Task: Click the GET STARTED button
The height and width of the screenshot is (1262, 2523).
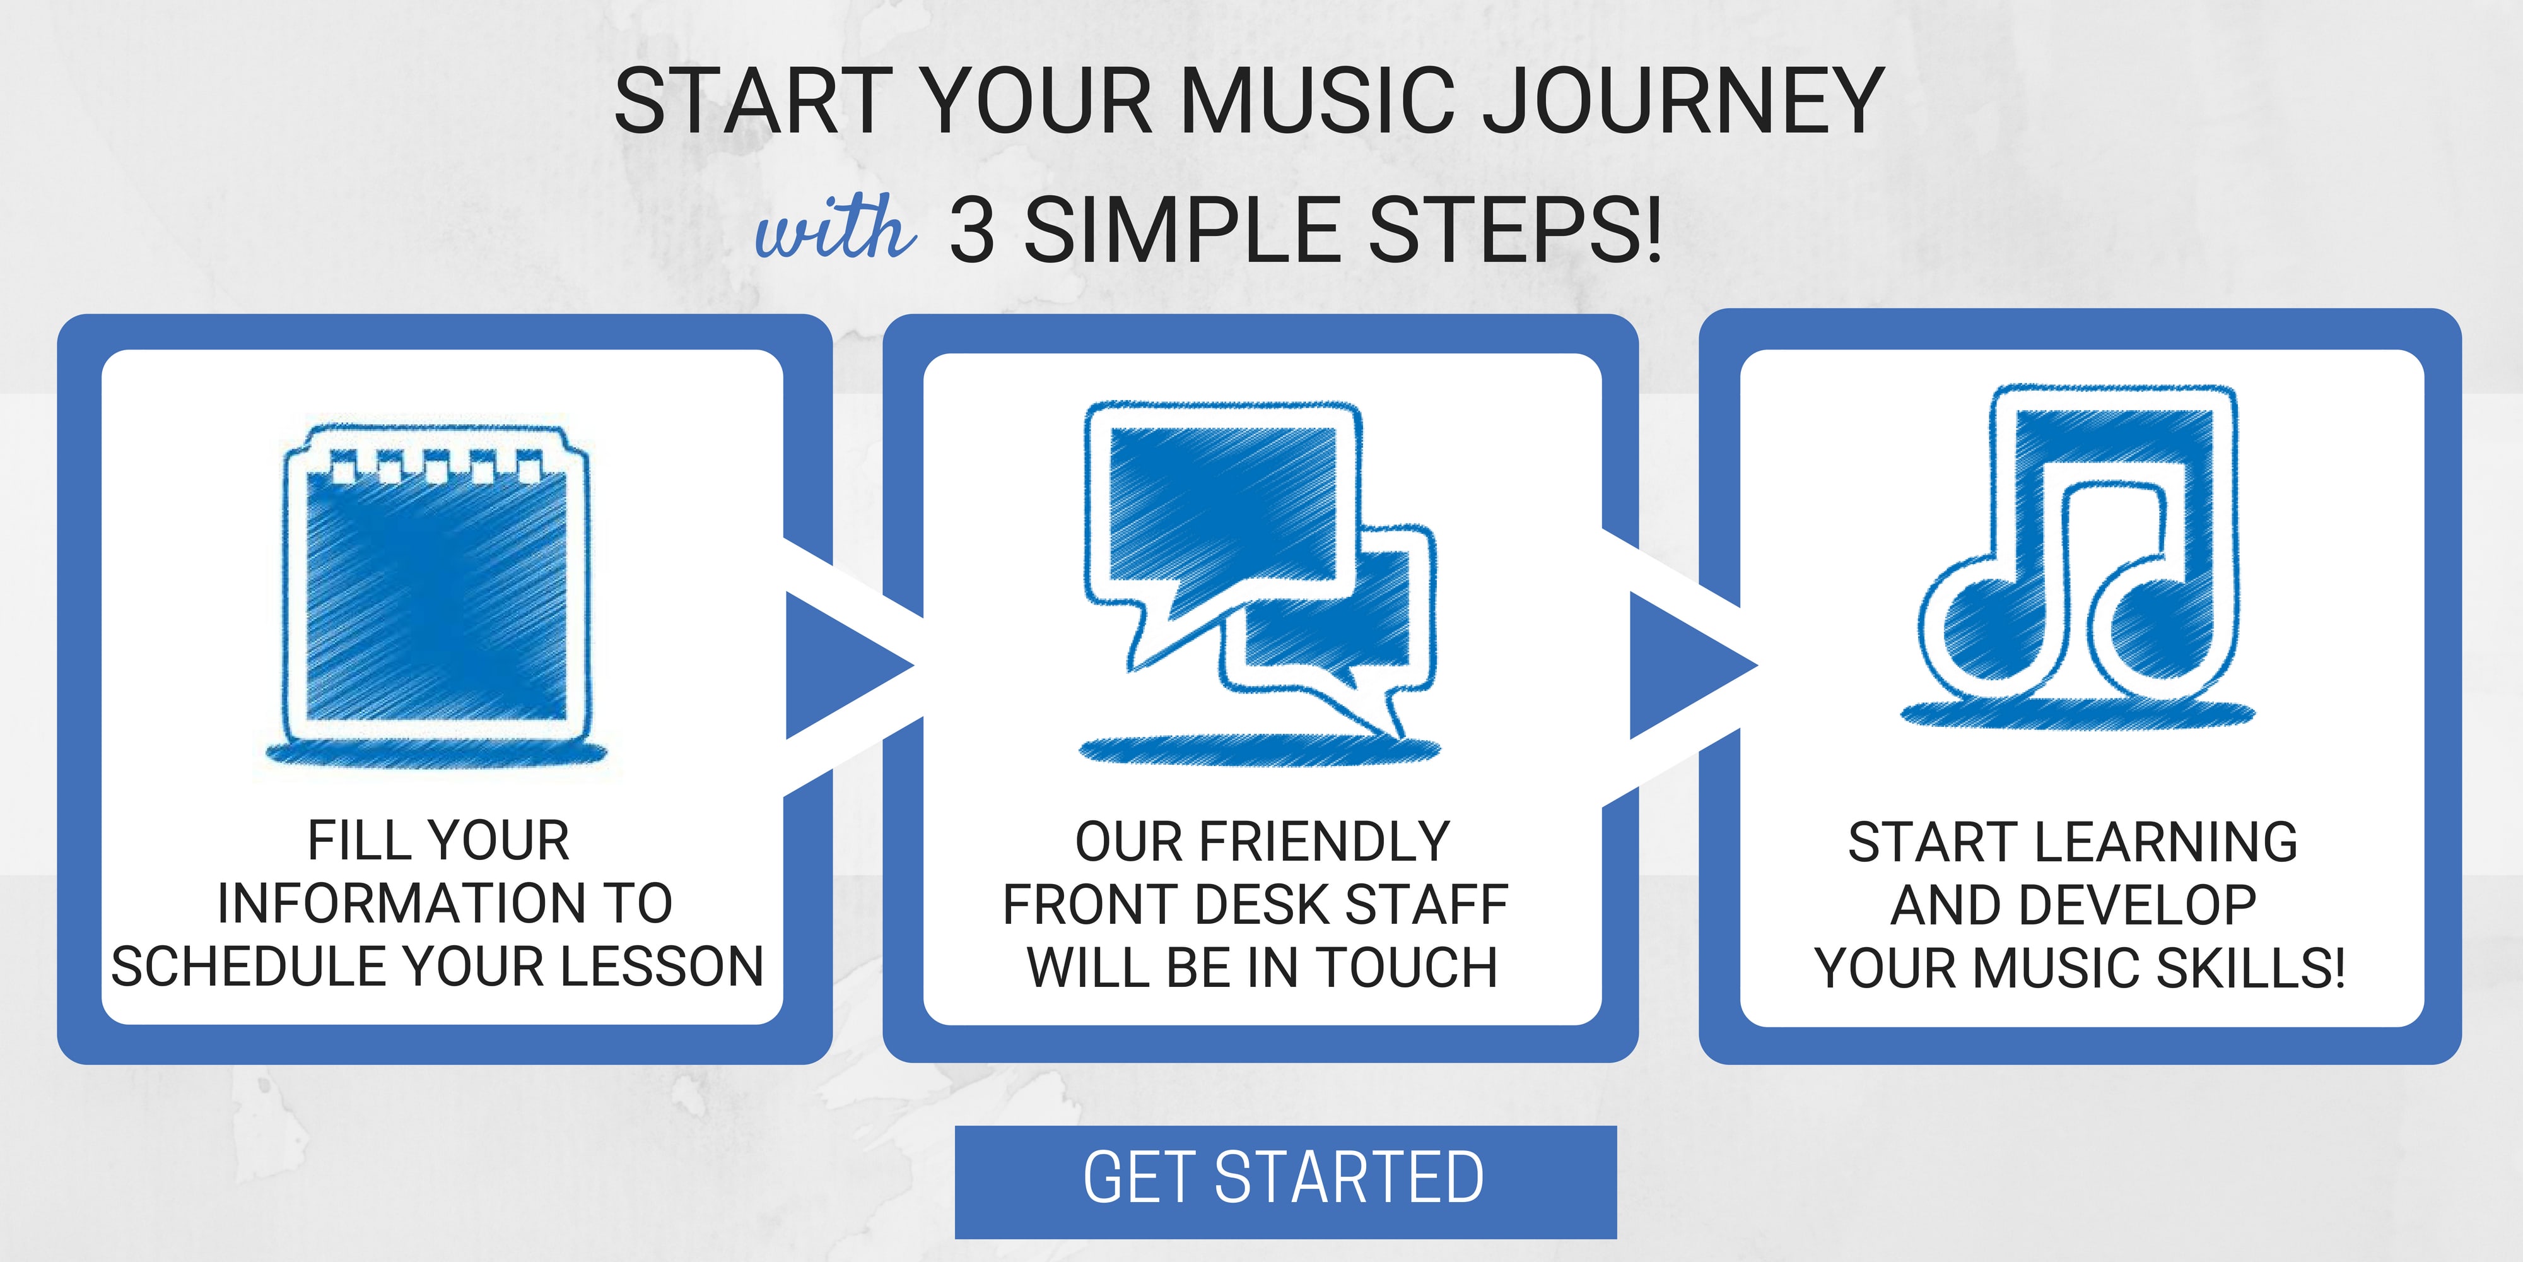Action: (x=1285, y=1182)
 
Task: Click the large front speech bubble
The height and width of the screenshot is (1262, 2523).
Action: (x=1223, y=529)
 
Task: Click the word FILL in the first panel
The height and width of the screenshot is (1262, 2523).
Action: (x=349, y=840)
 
